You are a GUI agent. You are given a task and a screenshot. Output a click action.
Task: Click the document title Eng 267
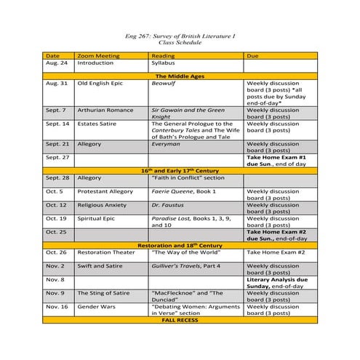180,36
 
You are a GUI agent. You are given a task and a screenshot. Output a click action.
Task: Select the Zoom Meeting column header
95,55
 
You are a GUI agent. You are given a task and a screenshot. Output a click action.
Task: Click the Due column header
252,55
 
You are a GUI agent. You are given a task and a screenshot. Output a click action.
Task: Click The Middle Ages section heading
180,76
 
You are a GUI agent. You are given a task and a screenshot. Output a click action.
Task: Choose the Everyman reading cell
166,144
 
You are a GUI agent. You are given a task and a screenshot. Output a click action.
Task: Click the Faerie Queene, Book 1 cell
185,191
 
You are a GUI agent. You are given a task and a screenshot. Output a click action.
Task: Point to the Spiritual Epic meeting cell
101,218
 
